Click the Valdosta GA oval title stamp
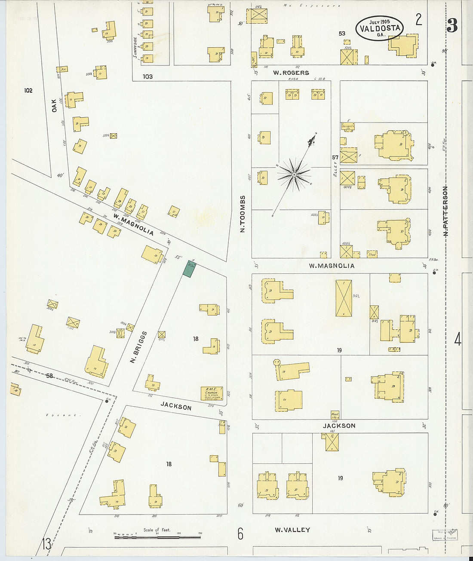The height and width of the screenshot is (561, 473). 380,28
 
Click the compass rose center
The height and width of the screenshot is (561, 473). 294,175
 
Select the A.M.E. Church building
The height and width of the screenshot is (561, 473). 212,393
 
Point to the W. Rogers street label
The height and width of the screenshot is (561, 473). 291,73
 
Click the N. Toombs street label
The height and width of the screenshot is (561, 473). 243,214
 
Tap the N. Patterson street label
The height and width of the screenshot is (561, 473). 445,211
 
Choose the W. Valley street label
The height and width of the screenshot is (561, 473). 292,530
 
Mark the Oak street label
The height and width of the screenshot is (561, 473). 54,105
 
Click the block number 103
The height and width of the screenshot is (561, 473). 147,77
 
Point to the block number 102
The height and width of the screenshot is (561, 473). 28,90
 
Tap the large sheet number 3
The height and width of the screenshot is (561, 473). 452,26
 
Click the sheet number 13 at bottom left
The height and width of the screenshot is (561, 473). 46,544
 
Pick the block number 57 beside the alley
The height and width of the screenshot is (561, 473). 335,157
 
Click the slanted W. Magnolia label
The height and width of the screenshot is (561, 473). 133,224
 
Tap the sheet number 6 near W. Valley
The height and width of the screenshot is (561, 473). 240,534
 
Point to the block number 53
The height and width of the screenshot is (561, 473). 342,33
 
